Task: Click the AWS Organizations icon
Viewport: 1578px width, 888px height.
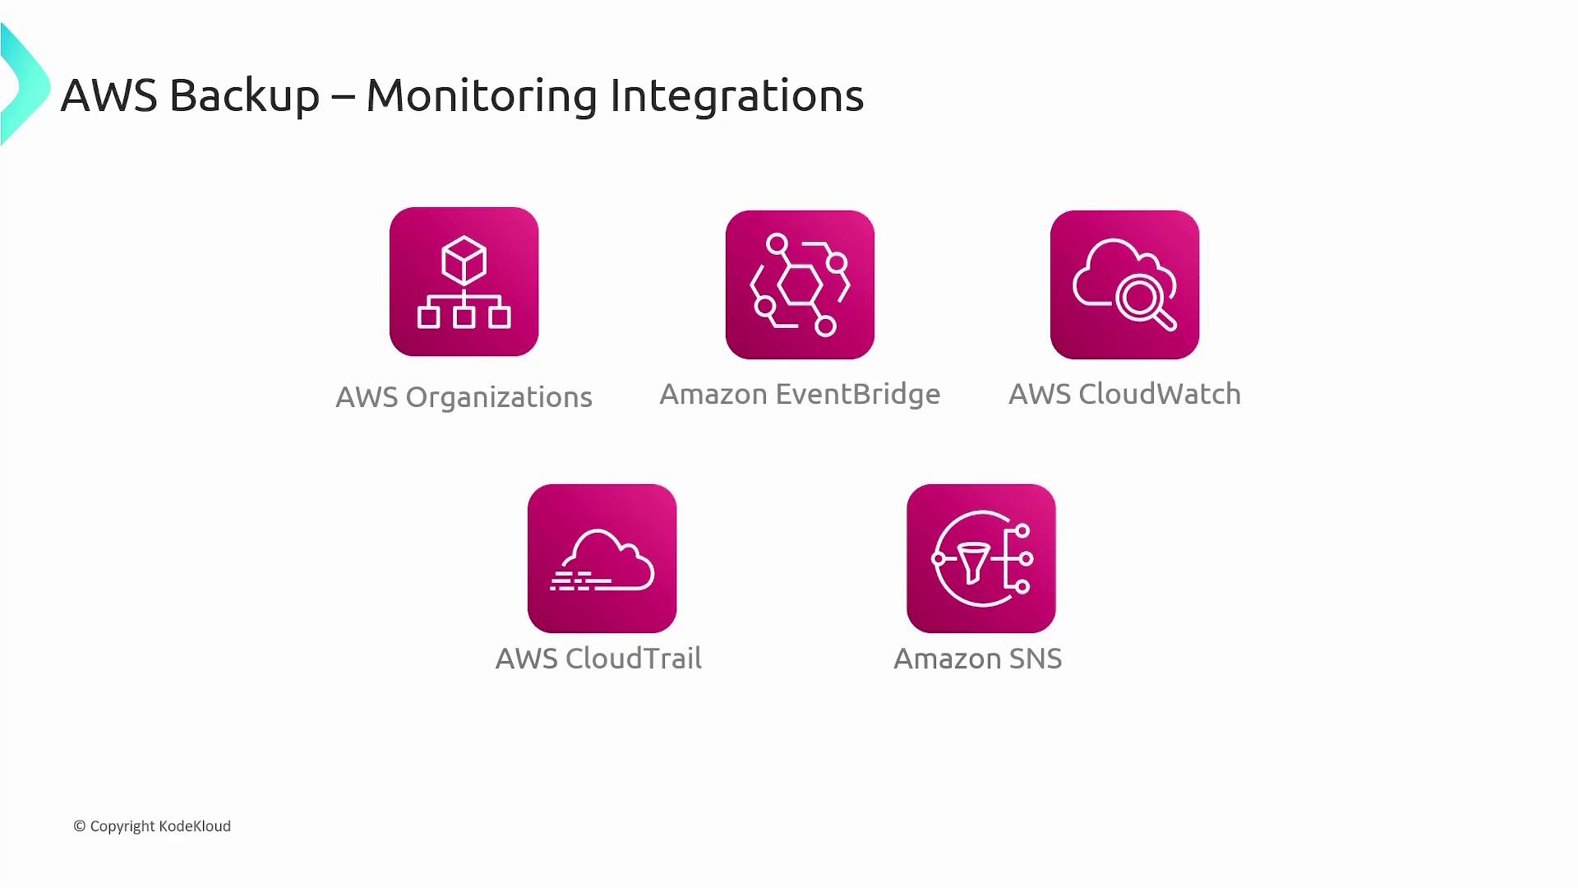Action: (x=464, y=281)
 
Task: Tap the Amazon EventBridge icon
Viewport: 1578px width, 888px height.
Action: (x=800, y=284)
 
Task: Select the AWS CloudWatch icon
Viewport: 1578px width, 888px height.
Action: (x=1124, y=284)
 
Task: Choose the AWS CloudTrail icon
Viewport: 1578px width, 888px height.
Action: (x=602, y=558)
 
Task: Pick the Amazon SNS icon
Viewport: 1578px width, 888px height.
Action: (x=980, y=558)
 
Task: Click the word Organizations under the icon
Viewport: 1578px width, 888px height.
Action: (x=499, y=398)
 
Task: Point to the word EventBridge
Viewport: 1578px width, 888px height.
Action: (x=857, y=395)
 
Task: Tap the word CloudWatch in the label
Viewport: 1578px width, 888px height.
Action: (x=1159, y=395)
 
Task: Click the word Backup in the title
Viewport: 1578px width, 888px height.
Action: (x=244, y=96)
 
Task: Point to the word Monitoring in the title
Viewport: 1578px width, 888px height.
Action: (x=481, y=96)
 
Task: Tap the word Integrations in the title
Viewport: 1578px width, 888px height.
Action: (x=736, y=96)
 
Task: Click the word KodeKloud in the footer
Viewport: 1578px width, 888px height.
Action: (x=195, y=826)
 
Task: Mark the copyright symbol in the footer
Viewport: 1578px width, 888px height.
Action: (x=80, y=826)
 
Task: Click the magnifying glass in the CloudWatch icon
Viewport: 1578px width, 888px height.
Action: (x=1144, y=302)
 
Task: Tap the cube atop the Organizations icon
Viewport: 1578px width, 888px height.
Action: (x=464, y=260)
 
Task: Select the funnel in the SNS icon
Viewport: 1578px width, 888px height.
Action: (x=974, y=561)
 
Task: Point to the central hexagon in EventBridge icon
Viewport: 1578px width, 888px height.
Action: (x=799, y=285)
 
